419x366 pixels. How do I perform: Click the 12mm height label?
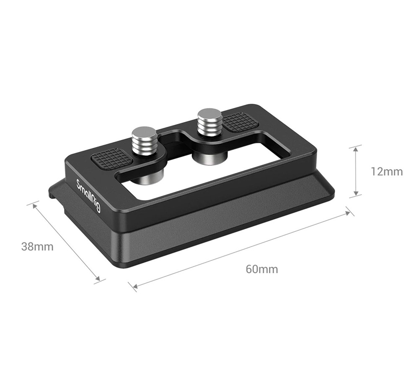(386, 171)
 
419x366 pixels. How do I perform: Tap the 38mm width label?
(37, 247)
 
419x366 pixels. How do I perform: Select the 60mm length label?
(261, 269)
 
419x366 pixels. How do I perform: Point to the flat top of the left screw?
(144, 131)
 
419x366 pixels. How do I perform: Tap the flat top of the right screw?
(209, 113)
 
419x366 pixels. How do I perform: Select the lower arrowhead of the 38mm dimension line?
(98, 279)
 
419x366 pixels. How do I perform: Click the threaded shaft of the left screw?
(145, 144)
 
